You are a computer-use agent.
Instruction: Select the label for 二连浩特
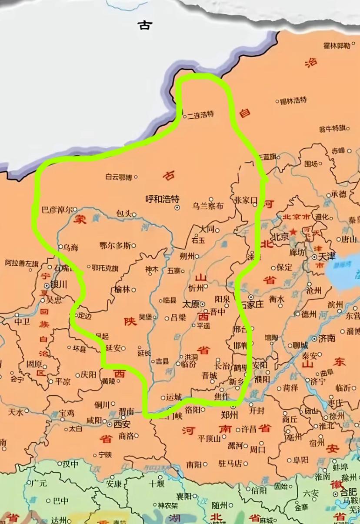(200, 115)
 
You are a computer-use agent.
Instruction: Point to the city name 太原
(190, 304)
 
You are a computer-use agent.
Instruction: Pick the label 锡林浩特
(294, 101)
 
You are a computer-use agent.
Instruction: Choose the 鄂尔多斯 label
(115, 245)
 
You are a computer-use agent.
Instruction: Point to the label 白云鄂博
(118, 177)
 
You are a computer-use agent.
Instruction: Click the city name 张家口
(246, 200)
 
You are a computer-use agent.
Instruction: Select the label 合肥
(349, 492)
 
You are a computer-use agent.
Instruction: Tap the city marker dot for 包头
(134, 214)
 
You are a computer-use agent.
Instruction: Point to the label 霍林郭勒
(337, 45)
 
